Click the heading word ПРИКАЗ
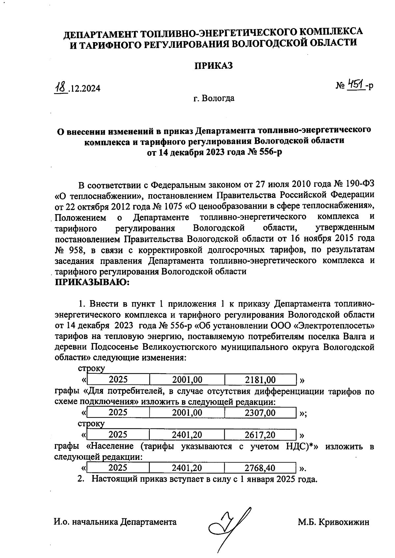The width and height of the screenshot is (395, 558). pos(213,66)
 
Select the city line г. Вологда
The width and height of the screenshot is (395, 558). pos(214,98)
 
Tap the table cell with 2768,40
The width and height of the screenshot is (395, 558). pos(260,467)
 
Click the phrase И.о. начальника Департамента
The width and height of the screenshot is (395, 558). pos(115,522)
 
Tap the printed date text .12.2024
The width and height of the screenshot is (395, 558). pos(84,89)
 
